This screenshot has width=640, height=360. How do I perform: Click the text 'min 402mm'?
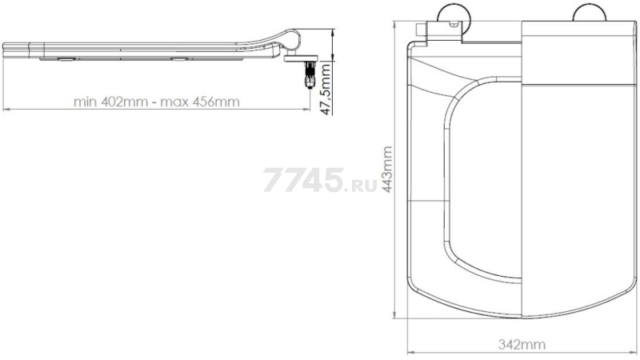[x=110, y=102]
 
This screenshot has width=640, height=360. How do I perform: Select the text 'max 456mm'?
[x=199, y=102]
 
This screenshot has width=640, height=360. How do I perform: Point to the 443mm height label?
[x=386, y=169]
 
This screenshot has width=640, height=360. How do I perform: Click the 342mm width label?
[x=522, y=345]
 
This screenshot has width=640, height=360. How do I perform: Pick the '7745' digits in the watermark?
[x=304, y=179]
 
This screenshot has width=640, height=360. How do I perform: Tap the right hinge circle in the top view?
[x=590, y=12]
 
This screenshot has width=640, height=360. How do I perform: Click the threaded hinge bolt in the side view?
[x=310, y=74]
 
